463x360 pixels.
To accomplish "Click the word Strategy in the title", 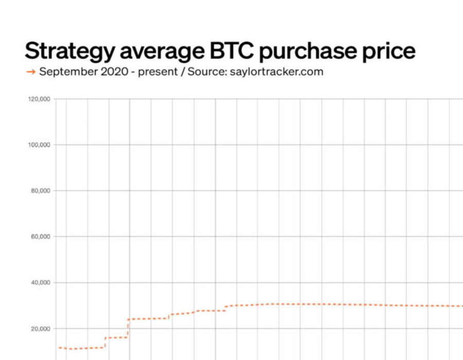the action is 69,51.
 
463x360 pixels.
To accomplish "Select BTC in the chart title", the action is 232,50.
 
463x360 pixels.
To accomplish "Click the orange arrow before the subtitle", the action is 31,71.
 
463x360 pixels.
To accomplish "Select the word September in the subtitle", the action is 68,72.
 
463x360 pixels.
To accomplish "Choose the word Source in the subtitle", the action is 207,71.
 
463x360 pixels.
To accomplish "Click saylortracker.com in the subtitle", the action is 277,71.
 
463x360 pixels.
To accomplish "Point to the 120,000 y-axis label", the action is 39,99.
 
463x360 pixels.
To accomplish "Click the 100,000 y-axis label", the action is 39,145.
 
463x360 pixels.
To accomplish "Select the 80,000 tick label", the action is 41,191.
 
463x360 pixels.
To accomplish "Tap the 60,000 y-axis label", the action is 41,237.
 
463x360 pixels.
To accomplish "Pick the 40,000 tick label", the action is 41,283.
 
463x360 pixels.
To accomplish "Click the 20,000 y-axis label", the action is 41,329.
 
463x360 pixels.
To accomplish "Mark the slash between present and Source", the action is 183,71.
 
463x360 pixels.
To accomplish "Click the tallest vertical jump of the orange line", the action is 128,329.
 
